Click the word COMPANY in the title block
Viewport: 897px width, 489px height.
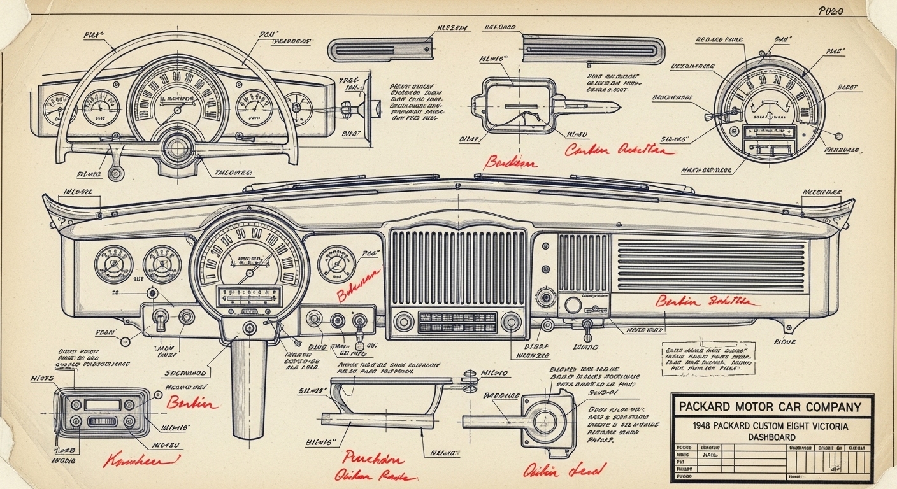point(827,406)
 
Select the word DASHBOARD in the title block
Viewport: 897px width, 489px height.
point(771,437)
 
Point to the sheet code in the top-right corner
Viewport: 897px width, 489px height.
point(831,11)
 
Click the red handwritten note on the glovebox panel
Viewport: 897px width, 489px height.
point(707,301)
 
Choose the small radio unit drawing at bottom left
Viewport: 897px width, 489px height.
point(104,412)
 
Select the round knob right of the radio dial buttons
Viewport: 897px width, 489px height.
point(510,322)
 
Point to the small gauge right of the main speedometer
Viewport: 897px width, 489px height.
point(336,264)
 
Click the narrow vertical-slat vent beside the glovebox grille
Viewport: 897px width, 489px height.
point(583,262)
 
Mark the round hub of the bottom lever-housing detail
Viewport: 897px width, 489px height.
point(545,421)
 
